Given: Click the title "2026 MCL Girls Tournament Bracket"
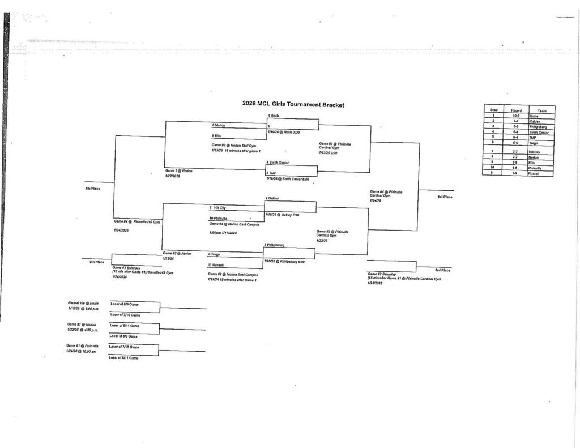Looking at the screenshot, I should point(293,104).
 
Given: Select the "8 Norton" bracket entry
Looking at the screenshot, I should point(219,125).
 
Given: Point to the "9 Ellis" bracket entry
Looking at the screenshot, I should point(217,136).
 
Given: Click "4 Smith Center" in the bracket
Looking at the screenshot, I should point(278,162).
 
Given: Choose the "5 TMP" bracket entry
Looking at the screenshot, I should point(272,173).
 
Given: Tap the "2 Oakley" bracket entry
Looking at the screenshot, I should point(272,198).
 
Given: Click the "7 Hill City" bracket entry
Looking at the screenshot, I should point(218,208).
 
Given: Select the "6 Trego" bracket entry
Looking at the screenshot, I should point(214,254).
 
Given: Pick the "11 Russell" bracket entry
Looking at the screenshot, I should point(216,264).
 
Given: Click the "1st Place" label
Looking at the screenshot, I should point(444,197).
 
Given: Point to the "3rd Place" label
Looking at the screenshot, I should point(442,270).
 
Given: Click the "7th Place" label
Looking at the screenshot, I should point(96,262).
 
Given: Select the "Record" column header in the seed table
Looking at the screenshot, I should point(515,110).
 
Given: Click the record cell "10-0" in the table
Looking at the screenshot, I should point(515,115).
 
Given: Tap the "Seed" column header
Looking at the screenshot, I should point(493,110).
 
